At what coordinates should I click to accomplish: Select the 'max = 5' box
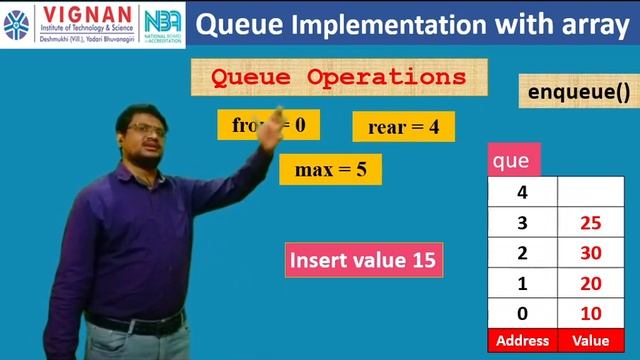(330, 169)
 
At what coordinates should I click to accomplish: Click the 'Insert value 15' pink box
(363, 261)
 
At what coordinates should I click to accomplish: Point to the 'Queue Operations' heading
(339, 77)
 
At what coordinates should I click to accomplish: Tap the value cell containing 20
(589, 283)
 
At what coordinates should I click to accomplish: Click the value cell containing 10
(589, 314)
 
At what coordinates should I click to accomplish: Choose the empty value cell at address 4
(589, 191)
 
